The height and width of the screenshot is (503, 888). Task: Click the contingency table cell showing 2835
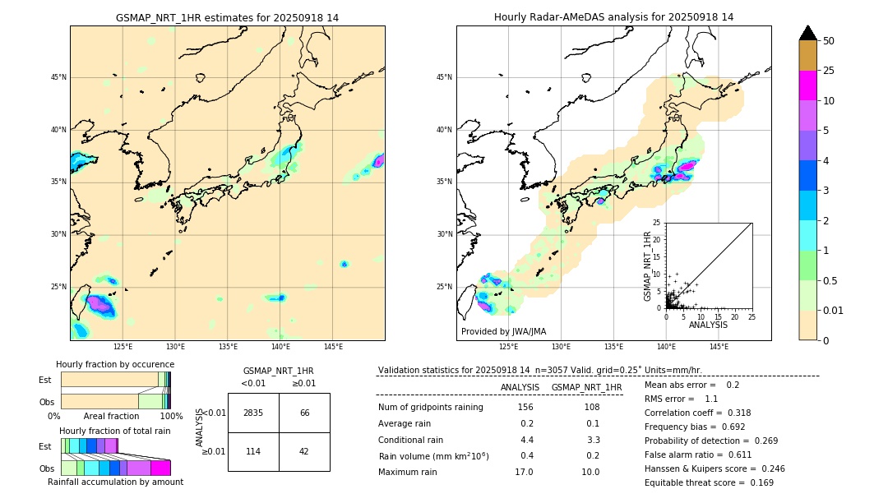pos(253,413)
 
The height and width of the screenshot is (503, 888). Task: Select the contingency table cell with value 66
pos(304,413)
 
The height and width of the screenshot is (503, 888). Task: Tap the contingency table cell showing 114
pos(253,451)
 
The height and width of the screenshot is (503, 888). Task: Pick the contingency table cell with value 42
pos(304,451)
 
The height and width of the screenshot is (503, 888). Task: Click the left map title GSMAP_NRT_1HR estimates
pos(227,17)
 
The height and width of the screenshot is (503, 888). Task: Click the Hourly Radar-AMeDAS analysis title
pos(613,17)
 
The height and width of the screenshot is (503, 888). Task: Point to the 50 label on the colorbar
pos(829,41)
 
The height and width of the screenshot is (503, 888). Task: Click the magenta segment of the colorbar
pos(807,85)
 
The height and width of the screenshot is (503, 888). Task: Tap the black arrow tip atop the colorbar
pos(807,32)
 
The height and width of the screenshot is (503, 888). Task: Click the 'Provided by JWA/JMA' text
pos(503,331)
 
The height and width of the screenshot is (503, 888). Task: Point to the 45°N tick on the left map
pos(58,77)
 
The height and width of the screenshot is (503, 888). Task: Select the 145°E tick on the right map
pos(719,347)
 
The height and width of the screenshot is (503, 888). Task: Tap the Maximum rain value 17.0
pos(525,472)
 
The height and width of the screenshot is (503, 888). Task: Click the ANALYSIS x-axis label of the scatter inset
pos(708,325)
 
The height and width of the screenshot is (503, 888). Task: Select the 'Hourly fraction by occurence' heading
pos(115,364)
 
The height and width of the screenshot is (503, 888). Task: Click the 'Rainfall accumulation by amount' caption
pos(115,482)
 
